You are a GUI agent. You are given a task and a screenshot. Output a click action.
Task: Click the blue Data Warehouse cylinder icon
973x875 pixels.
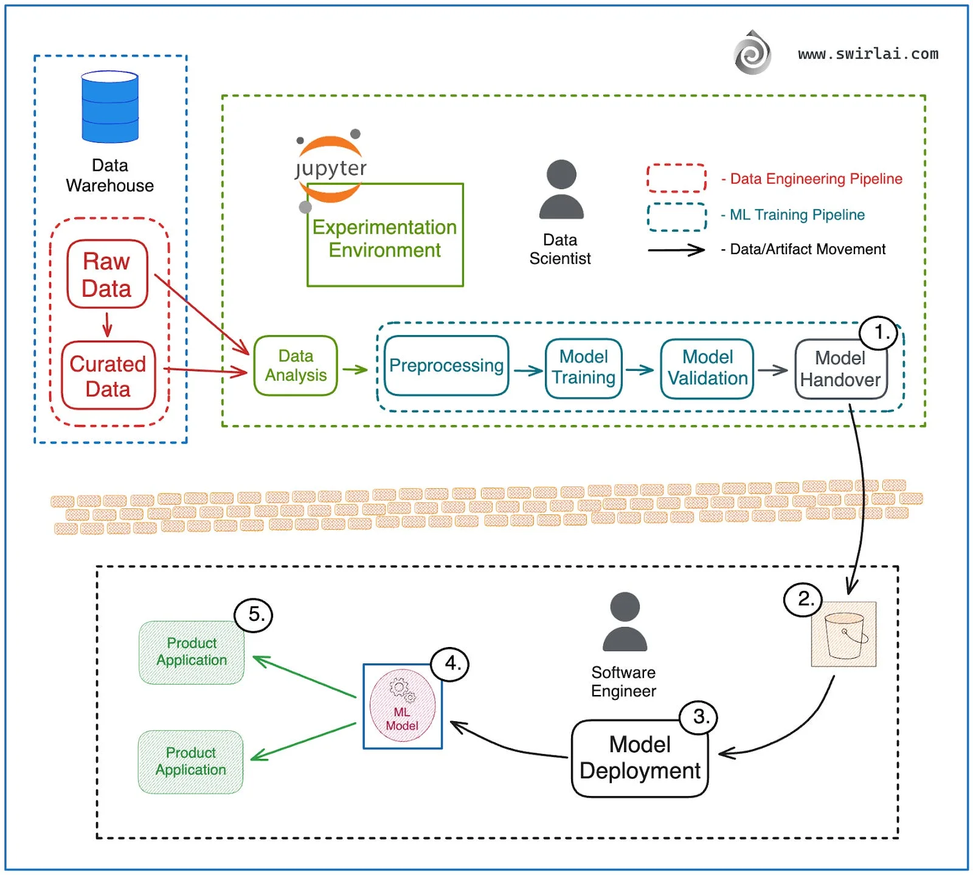(110, 107)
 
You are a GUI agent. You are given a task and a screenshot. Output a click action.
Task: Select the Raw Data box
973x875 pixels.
(107, 274)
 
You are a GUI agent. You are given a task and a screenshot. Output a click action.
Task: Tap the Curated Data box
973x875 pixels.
(108, 376)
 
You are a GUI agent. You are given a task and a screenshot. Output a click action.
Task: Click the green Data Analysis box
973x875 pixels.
(296, 365)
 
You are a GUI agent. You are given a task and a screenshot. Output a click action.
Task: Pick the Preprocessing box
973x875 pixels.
(446, 365)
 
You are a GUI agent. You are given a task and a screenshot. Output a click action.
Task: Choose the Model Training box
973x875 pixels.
(584, 368)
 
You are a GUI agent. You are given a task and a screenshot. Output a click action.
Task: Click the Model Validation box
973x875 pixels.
(707, 368)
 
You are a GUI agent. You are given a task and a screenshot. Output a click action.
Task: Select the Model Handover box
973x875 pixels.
(840, 369)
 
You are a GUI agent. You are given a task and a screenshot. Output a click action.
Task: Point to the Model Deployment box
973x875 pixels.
(640, 758)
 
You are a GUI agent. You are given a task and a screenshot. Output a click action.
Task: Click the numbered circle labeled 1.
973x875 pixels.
(879, 333)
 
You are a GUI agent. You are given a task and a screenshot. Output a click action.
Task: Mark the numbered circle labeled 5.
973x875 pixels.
(254, 615)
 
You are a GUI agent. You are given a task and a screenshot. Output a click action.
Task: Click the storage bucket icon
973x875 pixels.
(844, 635)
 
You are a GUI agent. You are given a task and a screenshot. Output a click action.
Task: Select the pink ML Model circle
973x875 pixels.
(402, 705)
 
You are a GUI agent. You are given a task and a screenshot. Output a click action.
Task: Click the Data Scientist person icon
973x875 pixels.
(561, 190)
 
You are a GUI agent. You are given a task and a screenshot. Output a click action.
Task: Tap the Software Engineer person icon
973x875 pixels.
(625, 622)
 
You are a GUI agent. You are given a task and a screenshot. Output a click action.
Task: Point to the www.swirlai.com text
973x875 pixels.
(868, 54)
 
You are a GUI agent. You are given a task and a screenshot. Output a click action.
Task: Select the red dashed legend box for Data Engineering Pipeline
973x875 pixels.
(676, 178)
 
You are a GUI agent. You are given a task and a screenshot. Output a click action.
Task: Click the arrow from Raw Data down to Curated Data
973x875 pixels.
(108, 324)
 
